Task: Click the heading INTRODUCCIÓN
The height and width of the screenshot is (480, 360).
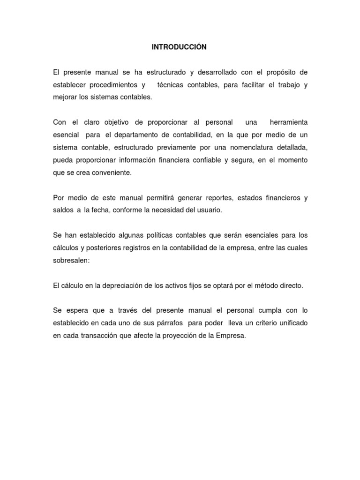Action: pos(179,47)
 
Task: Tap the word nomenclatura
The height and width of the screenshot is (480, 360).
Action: pos(246,148)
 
